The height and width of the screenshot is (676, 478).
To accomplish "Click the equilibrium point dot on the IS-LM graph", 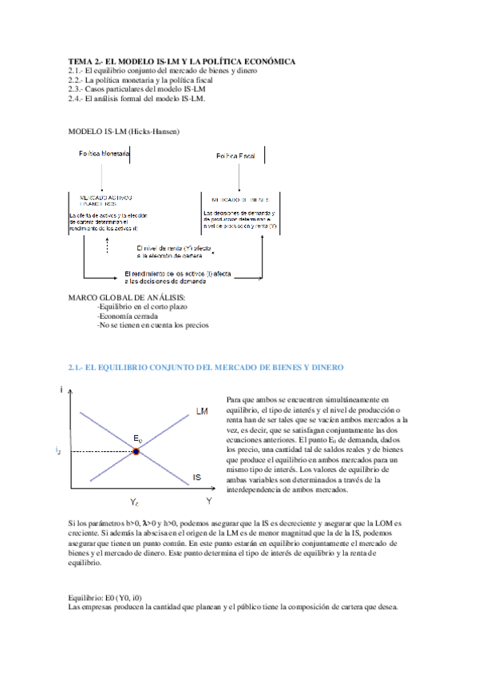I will click(136, 451).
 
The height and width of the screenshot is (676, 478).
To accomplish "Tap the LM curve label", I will click(202, 411).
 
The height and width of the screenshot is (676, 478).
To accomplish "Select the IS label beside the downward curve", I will click(196, 478).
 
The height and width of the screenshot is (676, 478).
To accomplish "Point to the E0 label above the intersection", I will click(138, 439).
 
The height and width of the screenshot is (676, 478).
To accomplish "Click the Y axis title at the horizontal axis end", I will click(208, 501).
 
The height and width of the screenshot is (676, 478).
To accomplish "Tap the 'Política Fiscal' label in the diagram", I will click(236, 156).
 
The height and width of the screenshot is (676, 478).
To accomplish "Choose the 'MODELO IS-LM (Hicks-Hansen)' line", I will click(124, 130).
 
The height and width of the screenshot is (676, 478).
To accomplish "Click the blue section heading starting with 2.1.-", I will click(206, 367).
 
